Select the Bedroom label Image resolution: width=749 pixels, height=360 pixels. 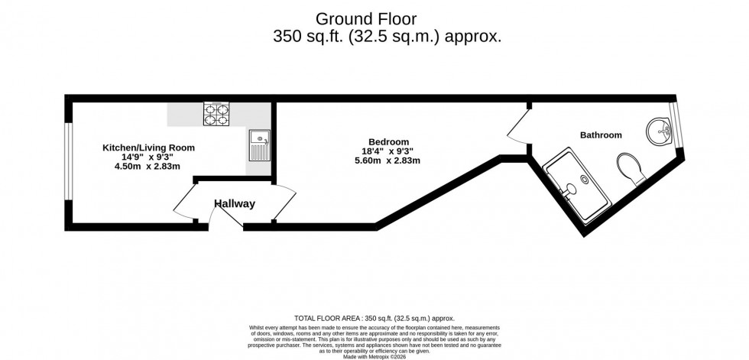pos(388,141)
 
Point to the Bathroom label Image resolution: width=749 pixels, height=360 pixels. pos(600,135)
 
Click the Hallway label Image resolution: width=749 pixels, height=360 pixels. pos(234,204)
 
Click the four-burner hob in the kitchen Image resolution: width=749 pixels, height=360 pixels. pos(216,115)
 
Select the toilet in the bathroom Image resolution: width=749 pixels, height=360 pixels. pos(631,168)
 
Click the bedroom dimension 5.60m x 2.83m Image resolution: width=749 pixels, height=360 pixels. pos(387,161)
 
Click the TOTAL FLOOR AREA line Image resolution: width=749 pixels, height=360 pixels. pos(374,318)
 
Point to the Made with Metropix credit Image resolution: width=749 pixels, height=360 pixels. pos(374,355)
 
